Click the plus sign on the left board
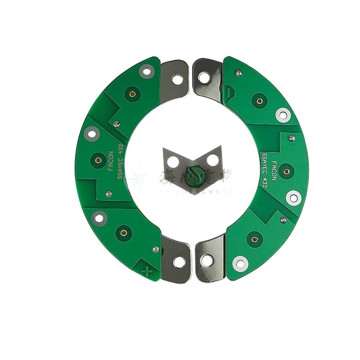tap(147, 270)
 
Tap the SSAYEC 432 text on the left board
tap(120, 161)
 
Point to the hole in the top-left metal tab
tap(177, 80)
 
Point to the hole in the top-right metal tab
tap(204, 77)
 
